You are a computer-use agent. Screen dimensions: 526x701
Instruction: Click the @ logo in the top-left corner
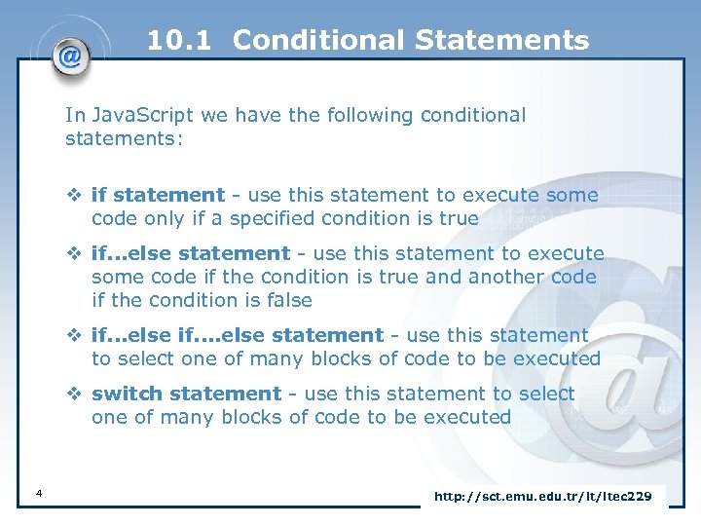click(70, 56)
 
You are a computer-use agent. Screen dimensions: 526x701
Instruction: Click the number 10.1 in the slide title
click(181, 40)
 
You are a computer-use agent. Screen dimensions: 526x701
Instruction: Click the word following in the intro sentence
click(369, 115)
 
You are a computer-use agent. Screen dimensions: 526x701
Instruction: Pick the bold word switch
click(128, 394)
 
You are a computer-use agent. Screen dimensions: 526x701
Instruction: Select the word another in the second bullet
click(506, 277)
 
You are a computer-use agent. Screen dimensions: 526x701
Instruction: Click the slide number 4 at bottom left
click(37, 495)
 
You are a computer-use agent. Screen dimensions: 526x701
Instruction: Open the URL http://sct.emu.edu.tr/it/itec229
click(542, 497)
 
